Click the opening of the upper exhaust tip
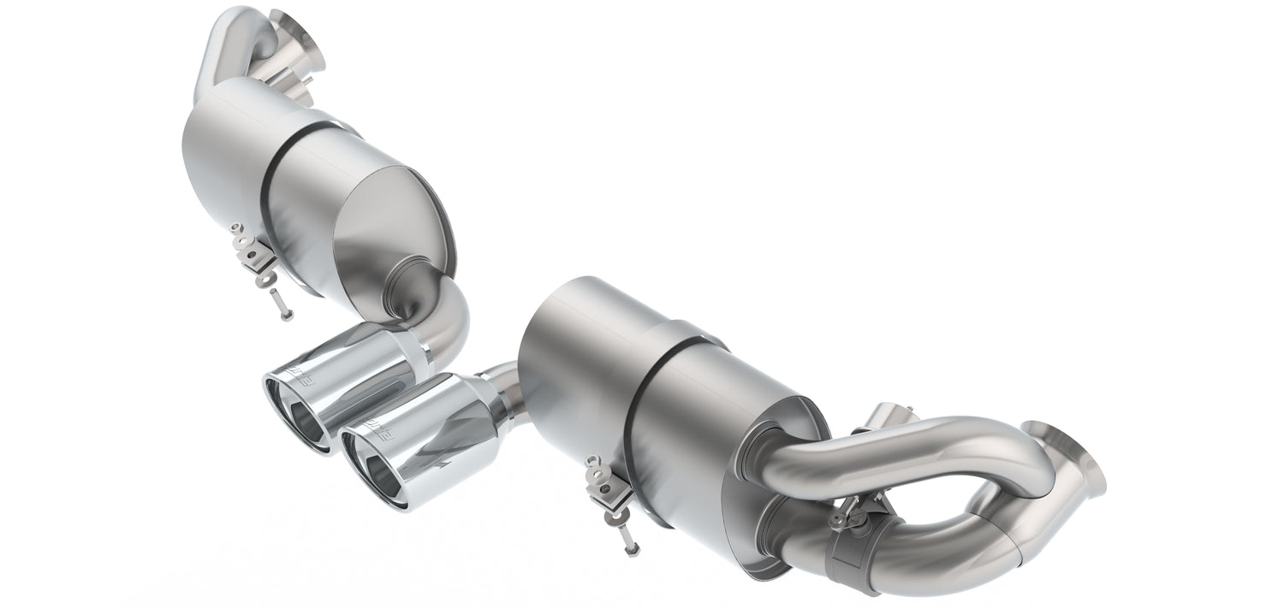tap(300, 417)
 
